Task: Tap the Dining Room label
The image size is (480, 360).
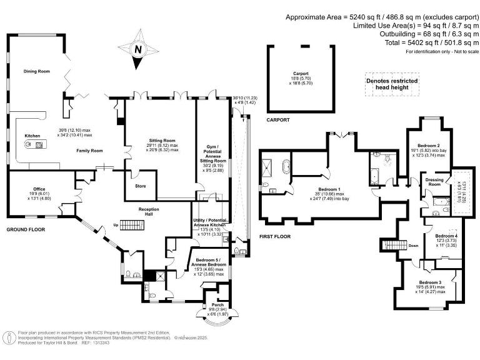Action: [36, 71]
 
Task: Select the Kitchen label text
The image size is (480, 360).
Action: [32, 135]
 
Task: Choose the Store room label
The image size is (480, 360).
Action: [141, 186]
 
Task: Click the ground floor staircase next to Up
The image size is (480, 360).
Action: [132, 223]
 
